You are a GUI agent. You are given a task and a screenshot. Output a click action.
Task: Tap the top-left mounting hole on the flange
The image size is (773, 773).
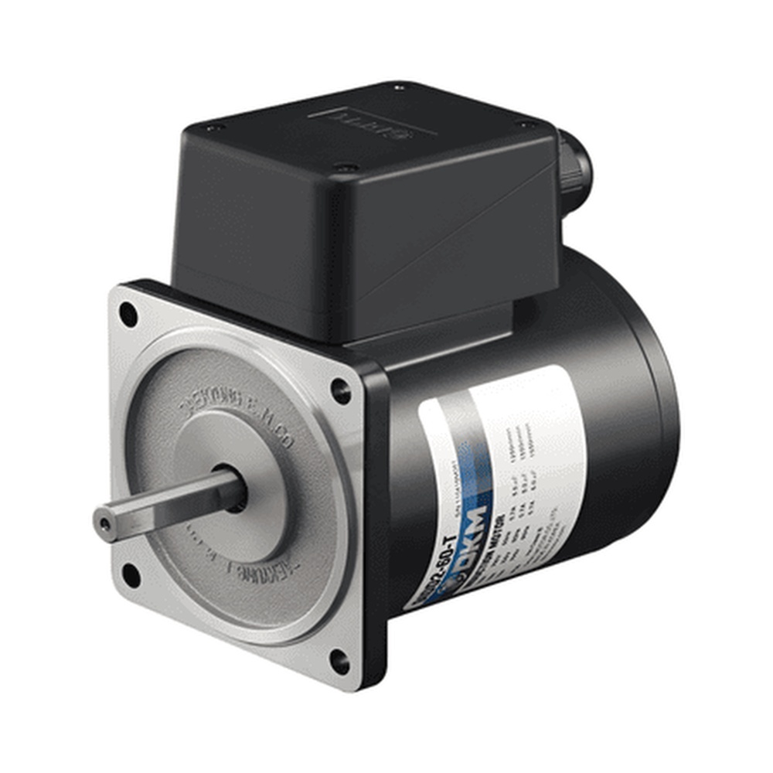pyautogui.click(x=128, y=315)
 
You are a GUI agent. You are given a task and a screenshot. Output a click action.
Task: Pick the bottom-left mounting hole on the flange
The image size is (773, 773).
pyautogui.click(x=131, y=576)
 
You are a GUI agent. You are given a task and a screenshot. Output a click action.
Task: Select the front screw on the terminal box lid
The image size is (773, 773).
pyautogui.click(x=346, y=167)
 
